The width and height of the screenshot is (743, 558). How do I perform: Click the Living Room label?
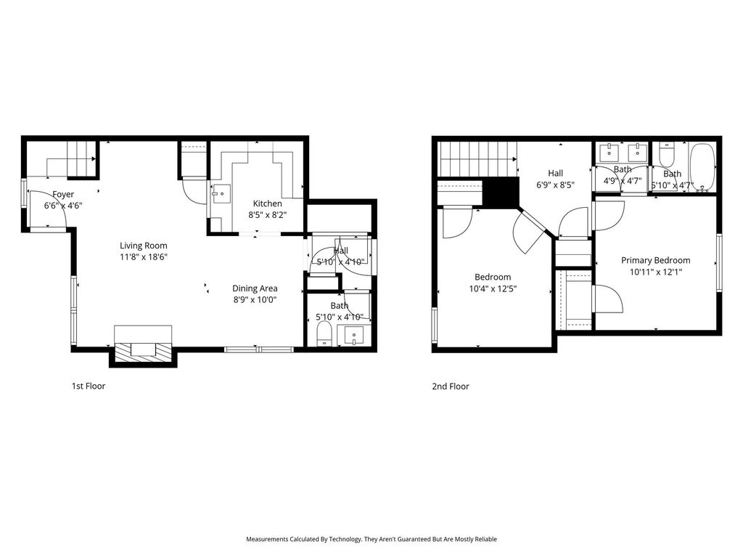pyautogui.click(x=143, y=246)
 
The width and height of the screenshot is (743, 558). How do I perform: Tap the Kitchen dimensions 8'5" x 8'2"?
pyautogui.click(x=268, y=214)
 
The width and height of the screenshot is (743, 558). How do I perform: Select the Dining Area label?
pyautogui.click(x=255, y=288)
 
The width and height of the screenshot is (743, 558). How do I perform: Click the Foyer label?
pyautogui.click(x=63, y=194)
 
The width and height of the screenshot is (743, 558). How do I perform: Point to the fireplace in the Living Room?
pyautogui.click(x=143, y=346)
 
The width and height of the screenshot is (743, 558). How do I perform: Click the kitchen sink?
pyautogui.click(x=221, y=194)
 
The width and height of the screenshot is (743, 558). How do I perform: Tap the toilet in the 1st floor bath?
pyautogui.click(x=324, y=333)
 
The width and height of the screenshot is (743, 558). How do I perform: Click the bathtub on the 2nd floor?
pyautogui.click(x=702, y=168)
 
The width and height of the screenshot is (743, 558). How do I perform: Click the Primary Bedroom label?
pyautogui.click(x=656, y=260)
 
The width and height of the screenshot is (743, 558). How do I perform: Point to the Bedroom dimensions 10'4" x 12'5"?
pyautogui.click(x=493, y=288)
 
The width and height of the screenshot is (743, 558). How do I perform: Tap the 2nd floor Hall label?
pyautogui.click(x=555, y=173)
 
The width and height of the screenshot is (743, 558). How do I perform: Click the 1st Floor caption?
pyautogui.click(x=89, y=386)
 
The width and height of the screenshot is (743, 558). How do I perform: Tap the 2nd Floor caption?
pyautogui.click(x=451, y=387)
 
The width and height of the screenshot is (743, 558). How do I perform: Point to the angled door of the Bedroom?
pyautogui.click(x=529, y=232)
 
